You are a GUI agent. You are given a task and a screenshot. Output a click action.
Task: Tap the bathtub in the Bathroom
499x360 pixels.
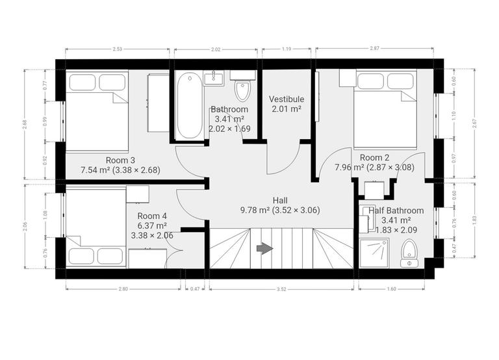tap(189, 105)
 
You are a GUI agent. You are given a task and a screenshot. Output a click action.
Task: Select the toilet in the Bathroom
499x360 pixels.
tap(242, 90)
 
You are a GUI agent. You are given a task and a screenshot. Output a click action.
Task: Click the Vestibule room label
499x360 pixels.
tap(287, 99)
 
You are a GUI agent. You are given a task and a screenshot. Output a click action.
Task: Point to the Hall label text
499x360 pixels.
tap(281, 200)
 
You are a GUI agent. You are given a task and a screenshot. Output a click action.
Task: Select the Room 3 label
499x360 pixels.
tap(120, 160)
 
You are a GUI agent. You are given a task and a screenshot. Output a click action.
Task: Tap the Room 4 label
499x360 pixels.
tap(152, 216)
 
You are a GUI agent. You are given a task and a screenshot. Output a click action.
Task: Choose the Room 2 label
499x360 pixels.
tap(374, 157)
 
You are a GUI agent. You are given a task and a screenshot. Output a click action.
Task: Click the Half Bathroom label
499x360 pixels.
tap(396, 211)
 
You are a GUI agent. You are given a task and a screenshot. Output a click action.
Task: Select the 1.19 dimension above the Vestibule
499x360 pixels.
tap(287, 49)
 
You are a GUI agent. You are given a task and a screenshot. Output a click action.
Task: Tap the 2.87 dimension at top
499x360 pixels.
tap(374, 49)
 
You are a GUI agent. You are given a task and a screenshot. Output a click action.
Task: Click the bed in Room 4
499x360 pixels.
tap(96, 227)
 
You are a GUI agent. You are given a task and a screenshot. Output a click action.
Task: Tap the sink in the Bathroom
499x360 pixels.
tap(213, 79)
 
